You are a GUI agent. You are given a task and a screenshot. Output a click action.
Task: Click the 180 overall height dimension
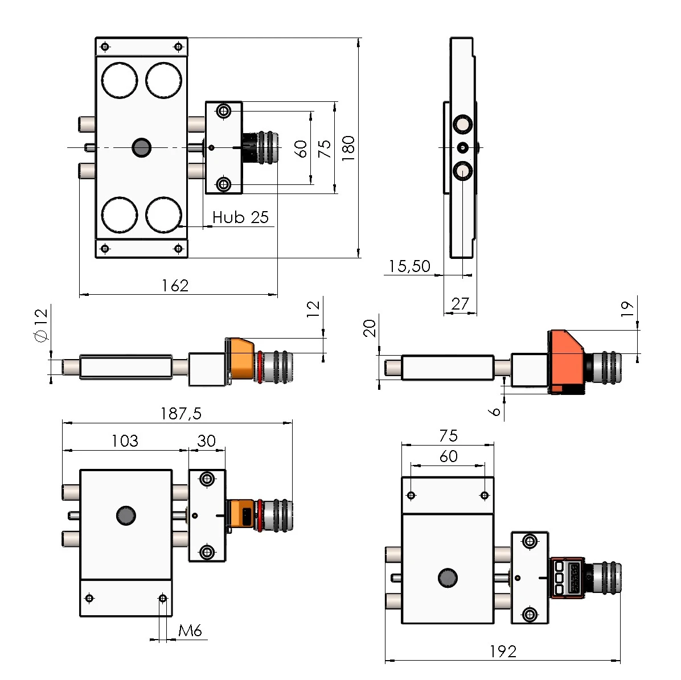tap(348, 148)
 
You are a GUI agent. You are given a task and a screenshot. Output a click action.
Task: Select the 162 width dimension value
tap(175, 286)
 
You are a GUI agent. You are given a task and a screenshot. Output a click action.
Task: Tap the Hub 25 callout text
tap(240, 217)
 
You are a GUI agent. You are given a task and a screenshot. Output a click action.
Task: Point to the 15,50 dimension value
tap(409, 266)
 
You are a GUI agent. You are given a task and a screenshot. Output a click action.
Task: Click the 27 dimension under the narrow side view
tap(460, 304)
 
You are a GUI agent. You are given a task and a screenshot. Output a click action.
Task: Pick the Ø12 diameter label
tap(40, 325)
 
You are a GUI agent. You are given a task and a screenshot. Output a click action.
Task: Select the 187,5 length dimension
tap(180, 413)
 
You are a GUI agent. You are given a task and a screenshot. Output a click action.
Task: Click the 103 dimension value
tap(124, 441)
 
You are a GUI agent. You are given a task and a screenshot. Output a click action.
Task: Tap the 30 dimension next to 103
tap(206, 441)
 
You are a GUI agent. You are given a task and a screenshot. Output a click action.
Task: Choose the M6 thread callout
tap(190, 630)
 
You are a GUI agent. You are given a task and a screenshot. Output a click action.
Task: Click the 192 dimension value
tap(502, 652)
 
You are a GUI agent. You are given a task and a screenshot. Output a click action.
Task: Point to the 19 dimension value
tap(627, 309)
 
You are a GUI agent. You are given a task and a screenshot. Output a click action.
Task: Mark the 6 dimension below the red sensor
tap(495, 410)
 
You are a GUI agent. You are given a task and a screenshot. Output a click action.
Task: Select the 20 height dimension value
tap(370, 328)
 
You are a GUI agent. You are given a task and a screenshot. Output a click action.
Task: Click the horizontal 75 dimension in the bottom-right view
tap(448, 436)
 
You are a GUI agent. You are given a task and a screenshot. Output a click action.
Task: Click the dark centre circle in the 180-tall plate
tap(141, 148)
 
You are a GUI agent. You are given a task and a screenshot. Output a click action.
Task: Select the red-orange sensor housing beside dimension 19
tap(565, 360)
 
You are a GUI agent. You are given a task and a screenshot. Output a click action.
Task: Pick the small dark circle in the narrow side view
tap(463, 148)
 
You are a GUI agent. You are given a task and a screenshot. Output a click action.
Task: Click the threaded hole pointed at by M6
tap(163, 598)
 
